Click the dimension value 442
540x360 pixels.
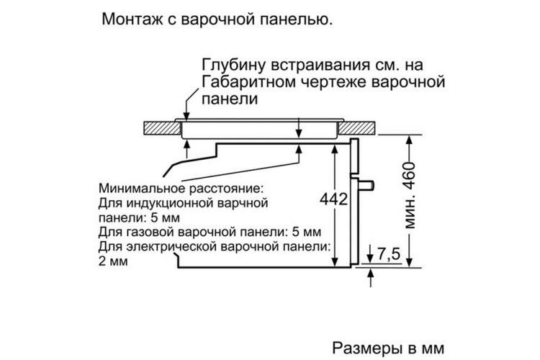(333, 199)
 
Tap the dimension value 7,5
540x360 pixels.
(389, 254)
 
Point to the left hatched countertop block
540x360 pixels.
(162, 128)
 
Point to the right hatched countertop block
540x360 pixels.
(356, 128)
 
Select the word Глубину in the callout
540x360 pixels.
(233, 66)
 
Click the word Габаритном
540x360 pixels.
(248, 82)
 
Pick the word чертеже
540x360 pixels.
(335, 83)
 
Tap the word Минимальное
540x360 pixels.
(143, 189)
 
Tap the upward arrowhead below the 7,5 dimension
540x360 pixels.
(371, 273)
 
